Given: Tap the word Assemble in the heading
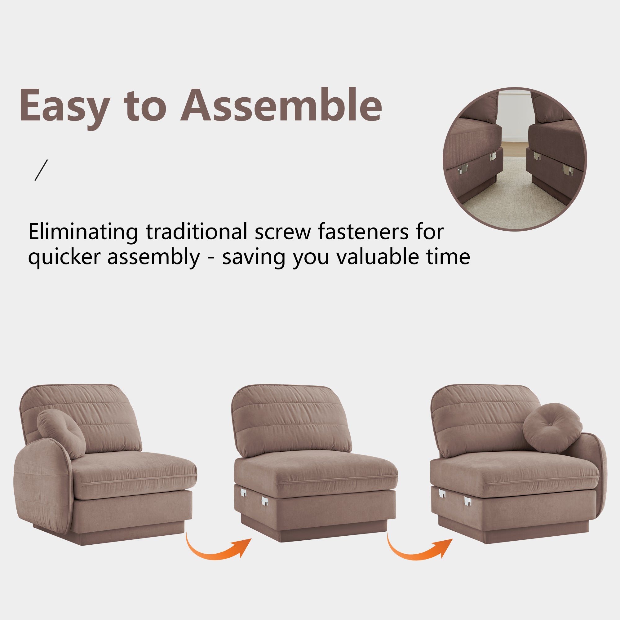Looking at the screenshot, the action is point(281,104).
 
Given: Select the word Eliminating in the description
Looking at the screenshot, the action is point(83,231).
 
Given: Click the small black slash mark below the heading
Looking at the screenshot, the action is point(41,170).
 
